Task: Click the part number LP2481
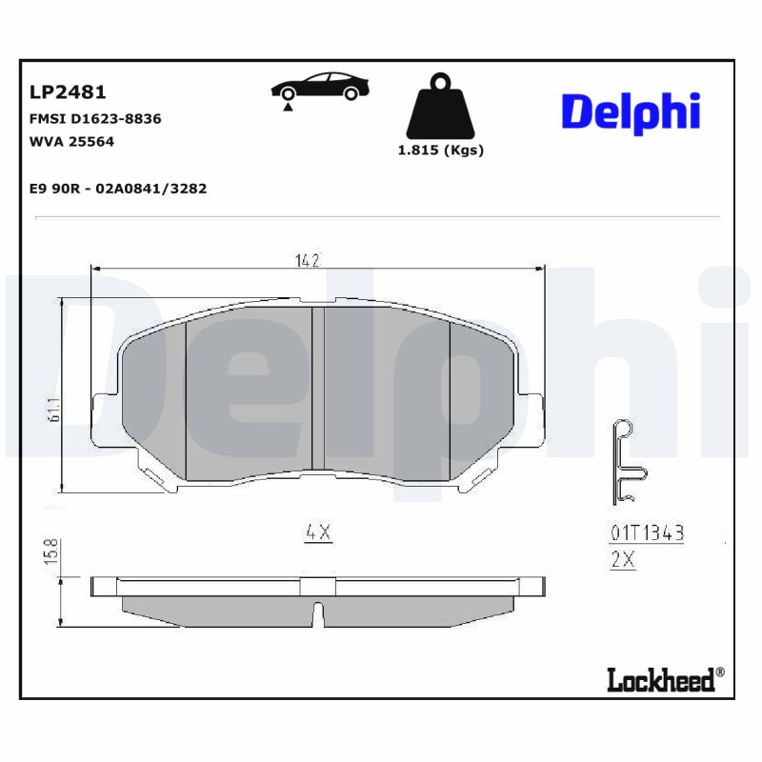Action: (68, 92)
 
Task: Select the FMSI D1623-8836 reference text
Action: (95, 119)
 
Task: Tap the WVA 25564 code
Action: (72, 142)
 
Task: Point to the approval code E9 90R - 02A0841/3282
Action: (118, 189)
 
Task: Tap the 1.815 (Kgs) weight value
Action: (440, 150)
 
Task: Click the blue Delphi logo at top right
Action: (631, 111)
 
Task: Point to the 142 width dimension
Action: (305, 260)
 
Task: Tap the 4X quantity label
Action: (317, 533)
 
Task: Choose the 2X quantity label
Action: (622, 560)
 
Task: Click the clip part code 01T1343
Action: (647, 533)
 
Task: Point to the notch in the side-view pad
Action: (319, 614)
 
